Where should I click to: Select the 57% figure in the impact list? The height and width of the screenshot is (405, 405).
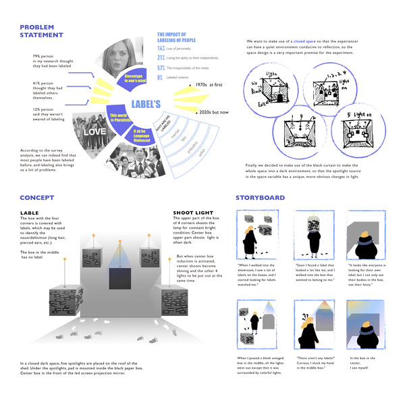[161, 68]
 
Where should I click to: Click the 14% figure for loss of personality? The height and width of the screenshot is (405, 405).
[161, 49]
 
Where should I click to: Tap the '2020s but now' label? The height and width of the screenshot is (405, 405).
[214, 111]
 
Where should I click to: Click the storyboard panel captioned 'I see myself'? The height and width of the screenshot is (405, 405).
[364, 321]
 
